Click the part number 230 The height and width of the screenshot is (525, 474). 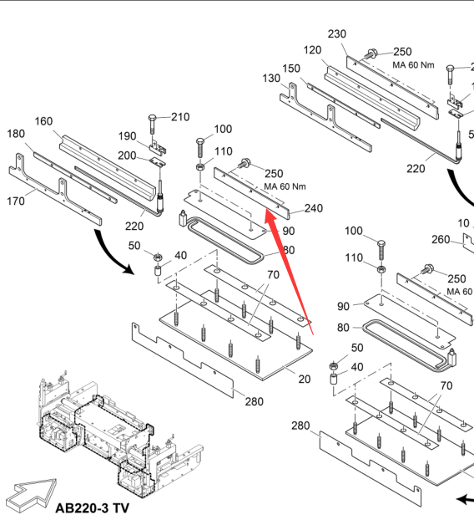(336, 33)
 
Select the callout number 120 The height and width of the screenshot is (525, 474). (312, 50)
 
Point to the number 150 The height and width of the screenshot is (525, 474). (291, 69)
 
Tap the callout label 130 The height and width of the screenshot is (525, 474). (271, 79)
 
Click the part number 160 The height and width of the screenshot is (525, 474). (43, 121)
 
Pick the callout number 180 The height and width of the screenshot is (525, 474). (16, 134)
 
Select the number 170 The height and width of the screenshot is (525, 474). (16, 201)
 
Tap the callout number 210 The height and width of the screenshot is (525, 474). (180, 117)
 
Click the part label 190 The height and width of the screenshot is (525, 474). (128, 136)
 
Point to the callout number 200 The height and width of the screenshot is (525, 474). (127, 155)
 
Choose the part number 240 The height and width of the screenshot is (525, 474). (314, 208)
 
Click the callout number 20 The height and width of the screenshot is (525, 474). (305, 379)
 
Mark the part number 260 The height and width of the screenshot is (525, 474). (441, 239)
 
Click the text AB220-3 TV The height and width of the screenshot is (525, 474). (93, 508)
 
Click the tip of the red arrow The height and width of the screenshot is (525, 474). (266, 210)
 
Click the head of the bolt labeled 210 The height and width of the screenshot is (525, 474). (152, 118)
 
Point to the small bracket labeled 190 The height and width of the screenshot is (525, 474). (157, 146)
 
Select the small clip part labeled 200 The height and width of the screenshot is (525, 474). (158, 162)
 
